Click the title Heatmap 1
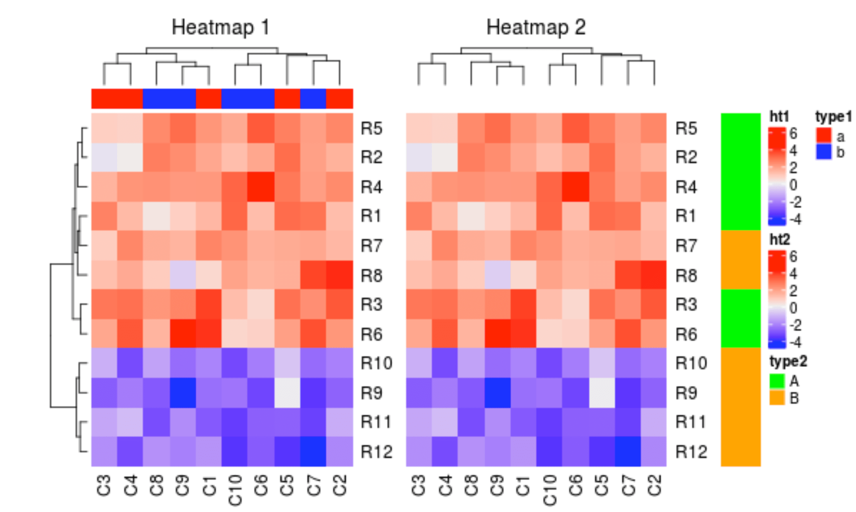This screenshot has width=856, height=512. coord(220,28)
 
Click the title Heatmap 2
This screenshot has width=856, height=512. coord(536,28)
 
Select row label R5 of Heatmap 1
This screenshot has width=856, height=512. coord(371,128)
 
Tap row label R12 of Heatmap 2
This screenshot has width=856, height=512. coord(691,451)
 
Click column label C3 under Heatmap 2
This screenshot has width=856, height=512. coord(419,485)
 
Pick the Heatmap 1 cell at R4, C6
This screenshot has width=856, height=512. coord(261,187)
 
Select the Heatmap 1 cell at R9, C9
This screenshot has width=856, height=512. coord(183,393)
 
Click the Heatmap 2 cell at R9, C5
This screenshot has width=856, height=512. coord(602,393)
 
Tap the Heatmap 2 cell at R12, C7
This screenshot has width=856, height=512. coord(628,451)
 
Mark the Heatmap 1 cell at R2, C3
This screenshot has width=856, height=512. coord(104,157)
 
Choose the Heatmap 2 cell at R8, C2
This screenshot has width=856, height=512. coord(654,275)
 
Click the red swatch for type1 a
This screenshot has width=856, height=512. coord(823,135)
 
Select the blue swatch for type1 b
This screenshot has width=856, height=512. coord(823,152)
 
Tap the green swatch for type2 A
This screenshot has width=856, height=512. coord(777,381)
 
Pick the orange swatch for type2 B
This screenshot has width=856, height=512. coord(777,397)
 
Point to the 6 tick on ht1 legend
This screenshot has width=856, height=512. coord(793,133)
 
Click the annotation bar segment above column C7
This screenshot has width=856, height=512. coord(313,99)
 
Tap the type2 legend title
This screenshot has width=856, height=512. coord(788,362)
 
